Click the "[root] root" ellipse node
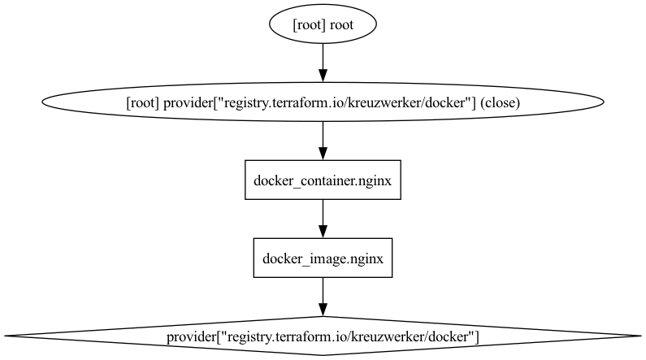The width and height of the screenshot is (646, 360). tap(323, 25)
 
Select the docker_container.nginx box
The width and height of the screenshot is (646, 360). tap(323, 180)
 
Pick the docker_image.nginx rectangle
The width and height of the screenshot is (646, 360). tap(323, 258)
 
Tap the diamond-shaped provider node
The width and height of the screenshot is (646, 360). tap(323, 336)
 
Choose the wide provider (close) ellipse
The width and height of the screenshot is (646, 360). tap(323, 102)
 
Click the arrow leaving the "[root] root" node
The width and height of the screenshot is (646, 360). tap(323, 61)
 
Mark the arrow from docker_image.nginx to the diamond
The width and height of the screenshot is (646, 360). tap(323, 294)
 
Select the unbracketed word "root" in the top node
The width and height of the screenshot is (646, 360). tap(341, 26)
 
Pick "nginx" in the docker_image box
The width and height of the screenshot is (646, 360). tap(366, 259)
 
